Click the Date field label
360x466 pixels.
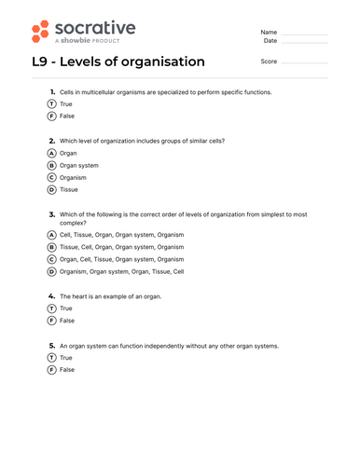pos(270,41)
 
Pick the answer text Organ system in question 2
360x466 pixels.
pos(80,165)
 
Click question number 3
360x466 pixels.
pos(51,213)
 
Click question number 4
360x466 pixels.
pos(51,295)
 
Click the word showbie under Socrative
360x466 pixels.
pos(77,42)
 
